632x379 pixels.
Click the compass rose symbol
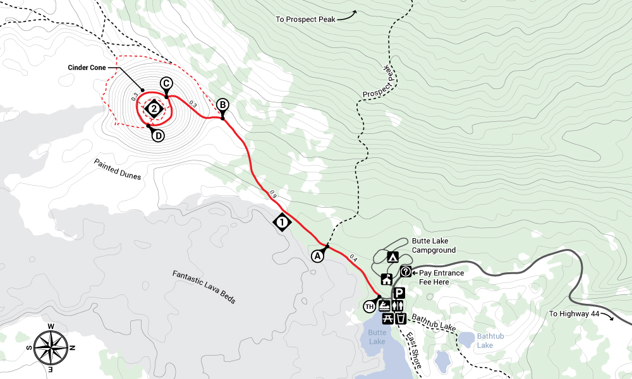click(52, 346)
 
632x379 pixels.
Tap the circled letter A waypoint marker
click(318, 255)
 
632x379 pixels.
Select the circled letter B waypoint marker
click(222, 105)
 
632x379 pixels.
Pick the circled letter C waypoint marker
click(166, 83)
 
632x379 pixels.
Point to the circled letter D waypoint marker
click(157, 135)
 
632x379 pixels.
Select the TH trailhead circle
click(370, 306)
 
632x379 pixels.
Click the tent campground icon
click(392, 257)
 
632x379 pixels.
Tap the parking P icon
click(399, 293)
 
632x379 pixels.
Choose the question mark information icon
click(406, 272)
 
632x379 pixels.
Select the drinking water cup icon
click(401, 318)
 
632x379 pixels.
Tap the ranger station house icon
click(386, 280)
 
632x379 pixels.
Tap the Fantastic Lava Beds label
click(204, 287)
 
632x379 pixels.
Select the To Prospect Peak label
click(305, 19)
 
